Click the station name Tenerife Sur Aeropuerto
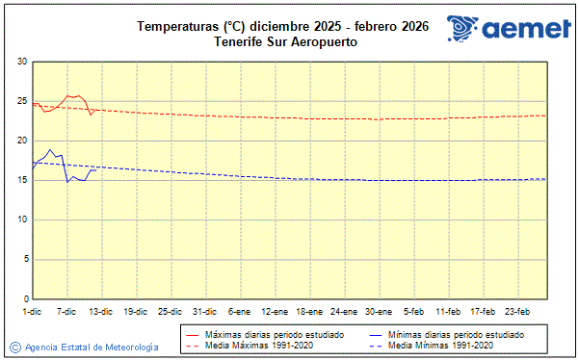[282, 41]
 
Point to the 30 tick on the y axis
[22, 62]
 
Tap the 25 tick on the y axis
[22, 101]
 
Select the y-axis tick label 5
[24, 259]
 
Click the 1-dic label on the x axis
[32, 311]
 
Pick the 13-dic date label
[101, 311]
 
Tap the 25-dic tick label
[171, 311]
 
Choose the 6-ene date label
[240, 311]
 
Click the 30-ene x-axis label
[380, 311]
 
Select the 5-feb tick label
[414, 311]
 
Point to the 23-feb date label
[518, 311]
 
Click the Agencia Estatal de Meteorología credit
[92, 347]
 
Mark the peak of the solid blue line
[50, 150]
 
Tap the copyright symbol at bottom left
[14, 347]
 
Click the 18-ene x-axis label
[310, 311]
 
